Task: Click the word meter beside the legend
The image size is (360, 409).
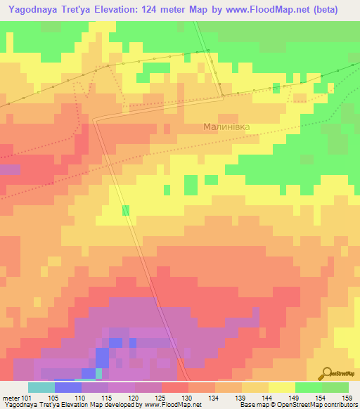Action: [10, 398]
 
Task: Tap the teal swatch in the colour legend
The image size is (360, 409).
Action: [41, 387]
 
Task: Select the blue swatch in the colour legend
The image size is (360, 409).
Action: [67, 387]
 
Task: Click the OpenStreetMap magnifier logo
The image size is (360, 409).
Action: [326, 374]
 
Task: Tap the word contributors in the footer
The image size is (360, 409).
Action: [339, 405]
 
